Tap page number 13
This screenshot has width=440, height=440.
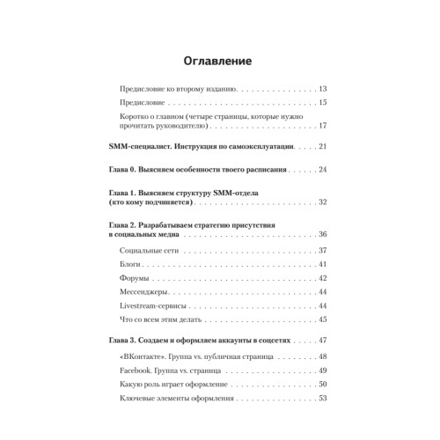pyautogui.click(x=323, y=89)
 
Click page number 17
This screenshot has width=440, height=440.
pyautogui.click(x=323, y=126)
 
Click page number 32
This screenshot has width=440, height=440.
pyautogui.click(x=323, y=202)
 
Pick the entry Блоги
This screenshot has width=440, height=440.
pyautogui.click(x=128, y=265)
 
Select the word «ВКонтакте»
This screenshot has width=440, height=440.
pyautogui.click(x=140, y=356)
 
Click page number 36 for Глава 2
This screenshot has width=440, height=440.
pyautogui.click(x=323, y=235)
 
